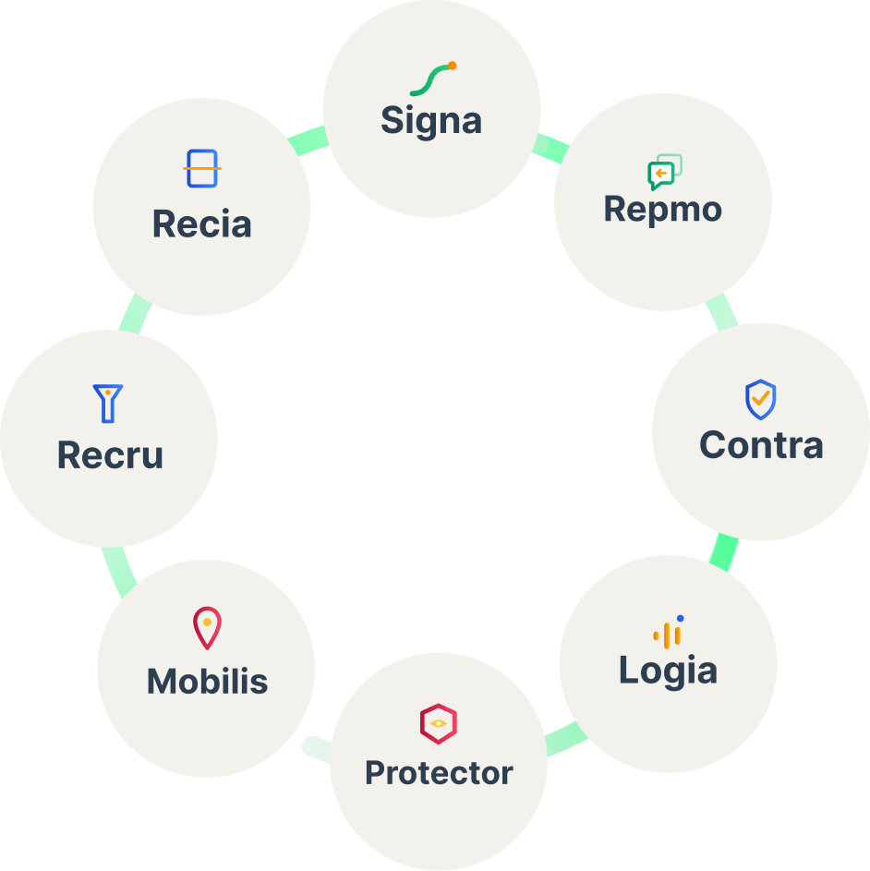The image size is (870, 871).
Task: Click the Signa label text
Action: pos(431,121)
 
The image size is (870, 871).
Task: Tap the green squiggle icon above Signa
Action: pos(432,79)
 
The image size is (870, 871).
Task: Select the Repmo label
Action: pos(662,209)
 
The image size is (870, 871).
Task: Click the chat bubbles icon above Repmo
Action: pos(664,172)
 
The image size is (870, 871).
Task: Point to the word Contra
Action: pos(761,445)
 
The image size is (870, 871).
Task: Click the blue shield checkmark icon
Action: pos(760,400)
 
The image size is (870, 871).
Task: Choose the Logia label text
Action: pos(668,670)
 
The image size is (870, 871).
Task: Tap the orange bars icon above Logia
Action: pos(668,632)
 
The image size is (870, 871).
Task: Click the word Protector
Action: pos(439,772)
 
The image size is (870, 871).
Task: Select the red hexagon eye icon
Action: pos(439,723)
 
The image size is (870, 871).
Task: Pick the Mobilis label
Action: pos(207,682)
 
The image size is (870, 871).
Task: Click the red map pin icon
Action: pos(207,628)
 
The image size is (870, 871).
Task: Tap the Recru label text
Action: pos(110,455)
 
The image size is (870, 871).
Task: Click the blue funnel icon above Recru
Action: pos(108,404)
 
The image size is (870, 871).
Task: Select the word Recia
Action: pos(201,224)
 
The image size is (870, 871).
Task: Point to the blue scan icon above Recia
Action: pos(201,169)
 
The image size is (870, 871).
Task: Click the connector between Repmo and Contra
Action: pos(721,312)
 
